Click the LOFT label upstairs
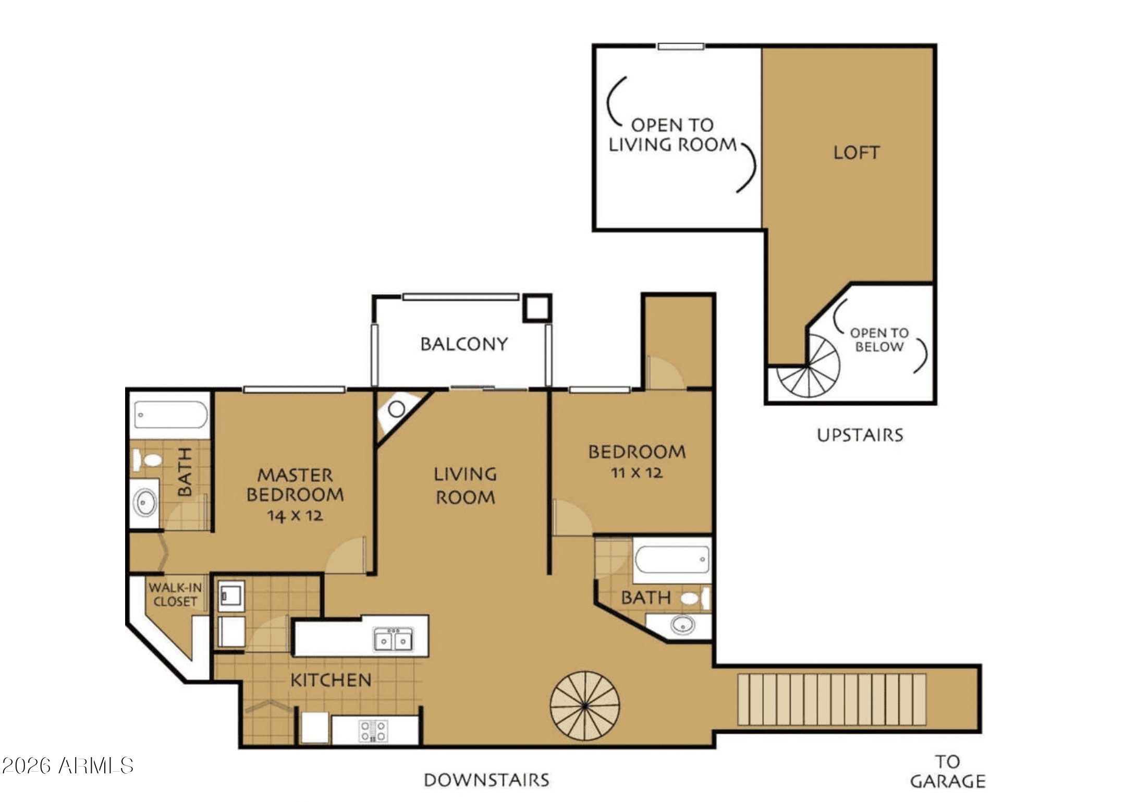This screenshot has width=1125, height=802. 857,152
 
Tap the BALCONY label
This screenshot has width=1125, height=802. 464,344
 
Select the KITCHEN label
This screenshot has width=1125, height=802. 331,680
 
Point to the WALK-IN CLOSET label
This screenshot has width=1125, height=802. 175,594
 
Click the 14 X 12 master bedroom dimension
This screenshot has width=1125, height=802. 295,516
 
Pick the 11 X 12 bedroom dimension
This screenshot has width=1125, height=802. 637,473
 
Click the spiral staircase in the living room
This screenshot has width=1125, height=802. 585,706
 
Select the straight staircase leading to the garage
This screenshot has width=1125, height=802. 831,699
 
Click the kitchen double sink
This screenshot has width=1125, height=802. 393,639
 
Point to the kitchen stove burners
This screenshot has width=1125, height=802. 374,730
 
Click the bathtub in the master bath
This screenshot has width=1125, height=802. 170,415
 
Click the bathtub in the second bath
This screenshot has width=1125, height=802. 671,559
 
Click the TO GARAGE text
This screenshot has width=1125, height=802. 947,772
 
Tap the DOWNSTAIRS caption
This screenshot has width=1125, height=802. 486,780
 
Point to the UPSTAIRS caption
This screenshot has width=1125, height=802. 860,435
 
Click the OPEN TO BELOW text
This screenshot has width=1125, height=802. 879,340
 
